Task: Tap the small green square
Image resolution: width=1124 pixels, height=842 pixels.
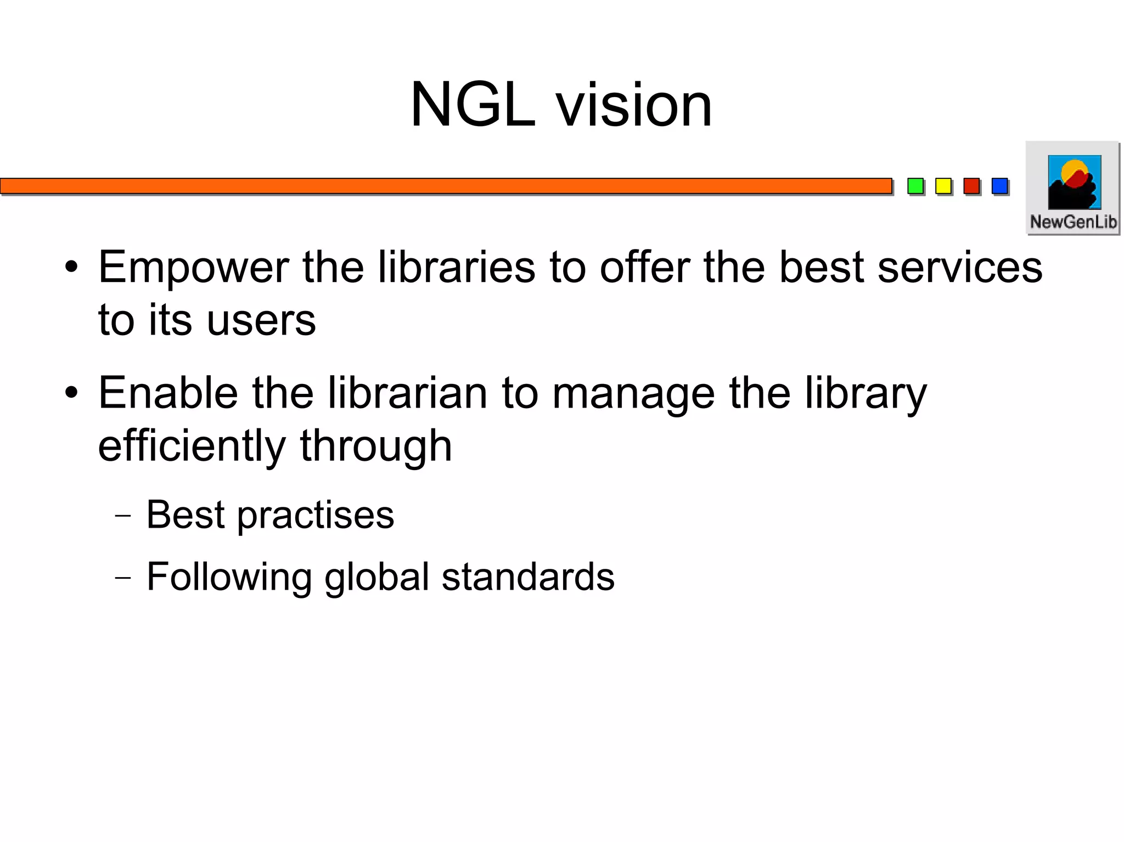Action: click(x=915, y=186)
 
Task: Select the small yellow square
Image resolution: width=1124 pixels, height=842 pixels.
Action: click(x=943, y=186)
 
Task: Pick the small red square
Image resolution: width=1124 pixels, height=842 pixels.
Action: click(x=971, y=186)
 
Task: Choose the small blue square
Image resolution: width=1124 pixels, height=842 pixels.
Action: click(x=999, y=186)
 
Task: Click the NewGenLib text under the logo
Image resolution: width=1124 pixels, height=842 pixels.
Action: click(x=1073, y=222)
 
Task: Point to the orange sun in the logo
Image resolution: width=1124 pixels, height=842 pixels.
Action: click(x=1072, y=171)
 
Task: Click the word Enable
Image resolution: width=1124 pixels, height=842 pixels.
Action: click(x=168, y=393)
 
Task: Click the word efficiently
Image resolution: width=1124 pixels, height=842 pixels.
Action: click(x=192, y=446)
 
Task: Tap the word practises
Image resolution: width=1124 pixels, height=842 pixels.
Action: click(x=315, y=516)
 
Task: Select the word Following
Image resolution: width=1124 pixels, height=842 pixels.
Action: click(x=229, y=578)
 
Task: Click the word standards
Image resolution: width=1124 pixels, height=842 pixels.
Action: click(x=528, y=577)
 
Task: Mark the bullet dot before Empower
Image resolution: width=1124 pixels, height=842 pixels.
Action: click(x=71, y=268)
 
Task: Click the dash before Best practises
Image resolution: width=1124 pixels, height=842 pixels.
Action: click(x=123, y=516)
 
